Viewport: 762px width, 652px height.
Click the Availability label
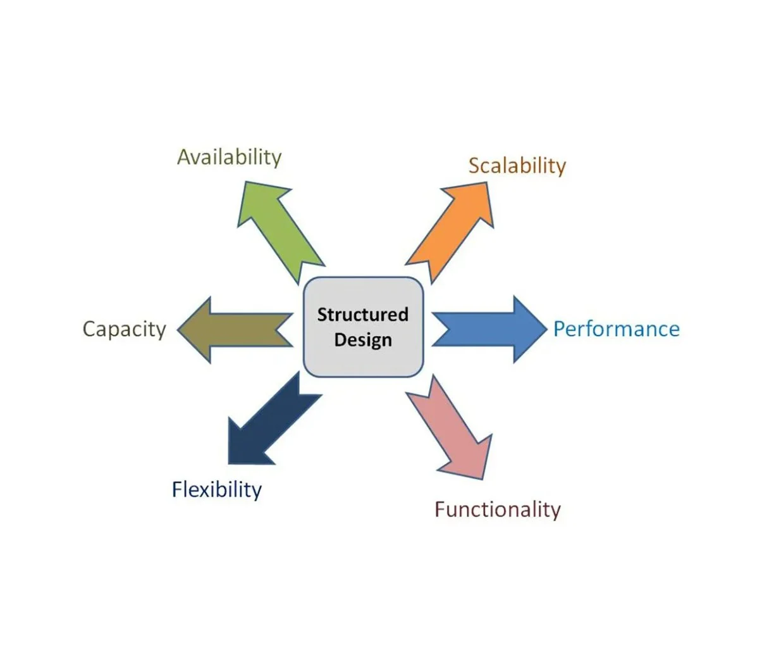(229, 157)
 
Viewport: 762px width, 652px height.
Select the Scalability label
(517, 166)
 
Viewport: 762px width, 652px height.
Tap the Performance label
(616, 329)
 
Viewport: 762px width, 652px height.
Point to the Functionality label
(497, 510)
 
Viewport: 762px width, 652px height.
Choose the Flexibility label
(216, 489)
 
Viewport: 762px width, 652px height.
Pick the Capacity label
(124, 329)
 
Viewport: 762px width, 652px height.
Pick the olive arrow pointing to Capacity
(237, 330)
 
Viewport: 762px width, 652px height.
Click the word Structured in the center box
(362, 315)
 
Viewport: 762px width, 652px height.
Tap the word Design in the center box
(362, 340)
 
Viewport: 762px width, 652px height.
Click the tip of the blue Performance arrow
(544, 329)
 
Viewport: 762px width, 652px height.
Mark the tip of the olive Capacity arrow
(179, 330)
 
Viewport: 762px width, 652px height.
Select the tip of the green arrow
(245, 183)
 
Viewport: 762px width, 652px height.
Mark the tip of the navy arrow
(230, 462)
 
